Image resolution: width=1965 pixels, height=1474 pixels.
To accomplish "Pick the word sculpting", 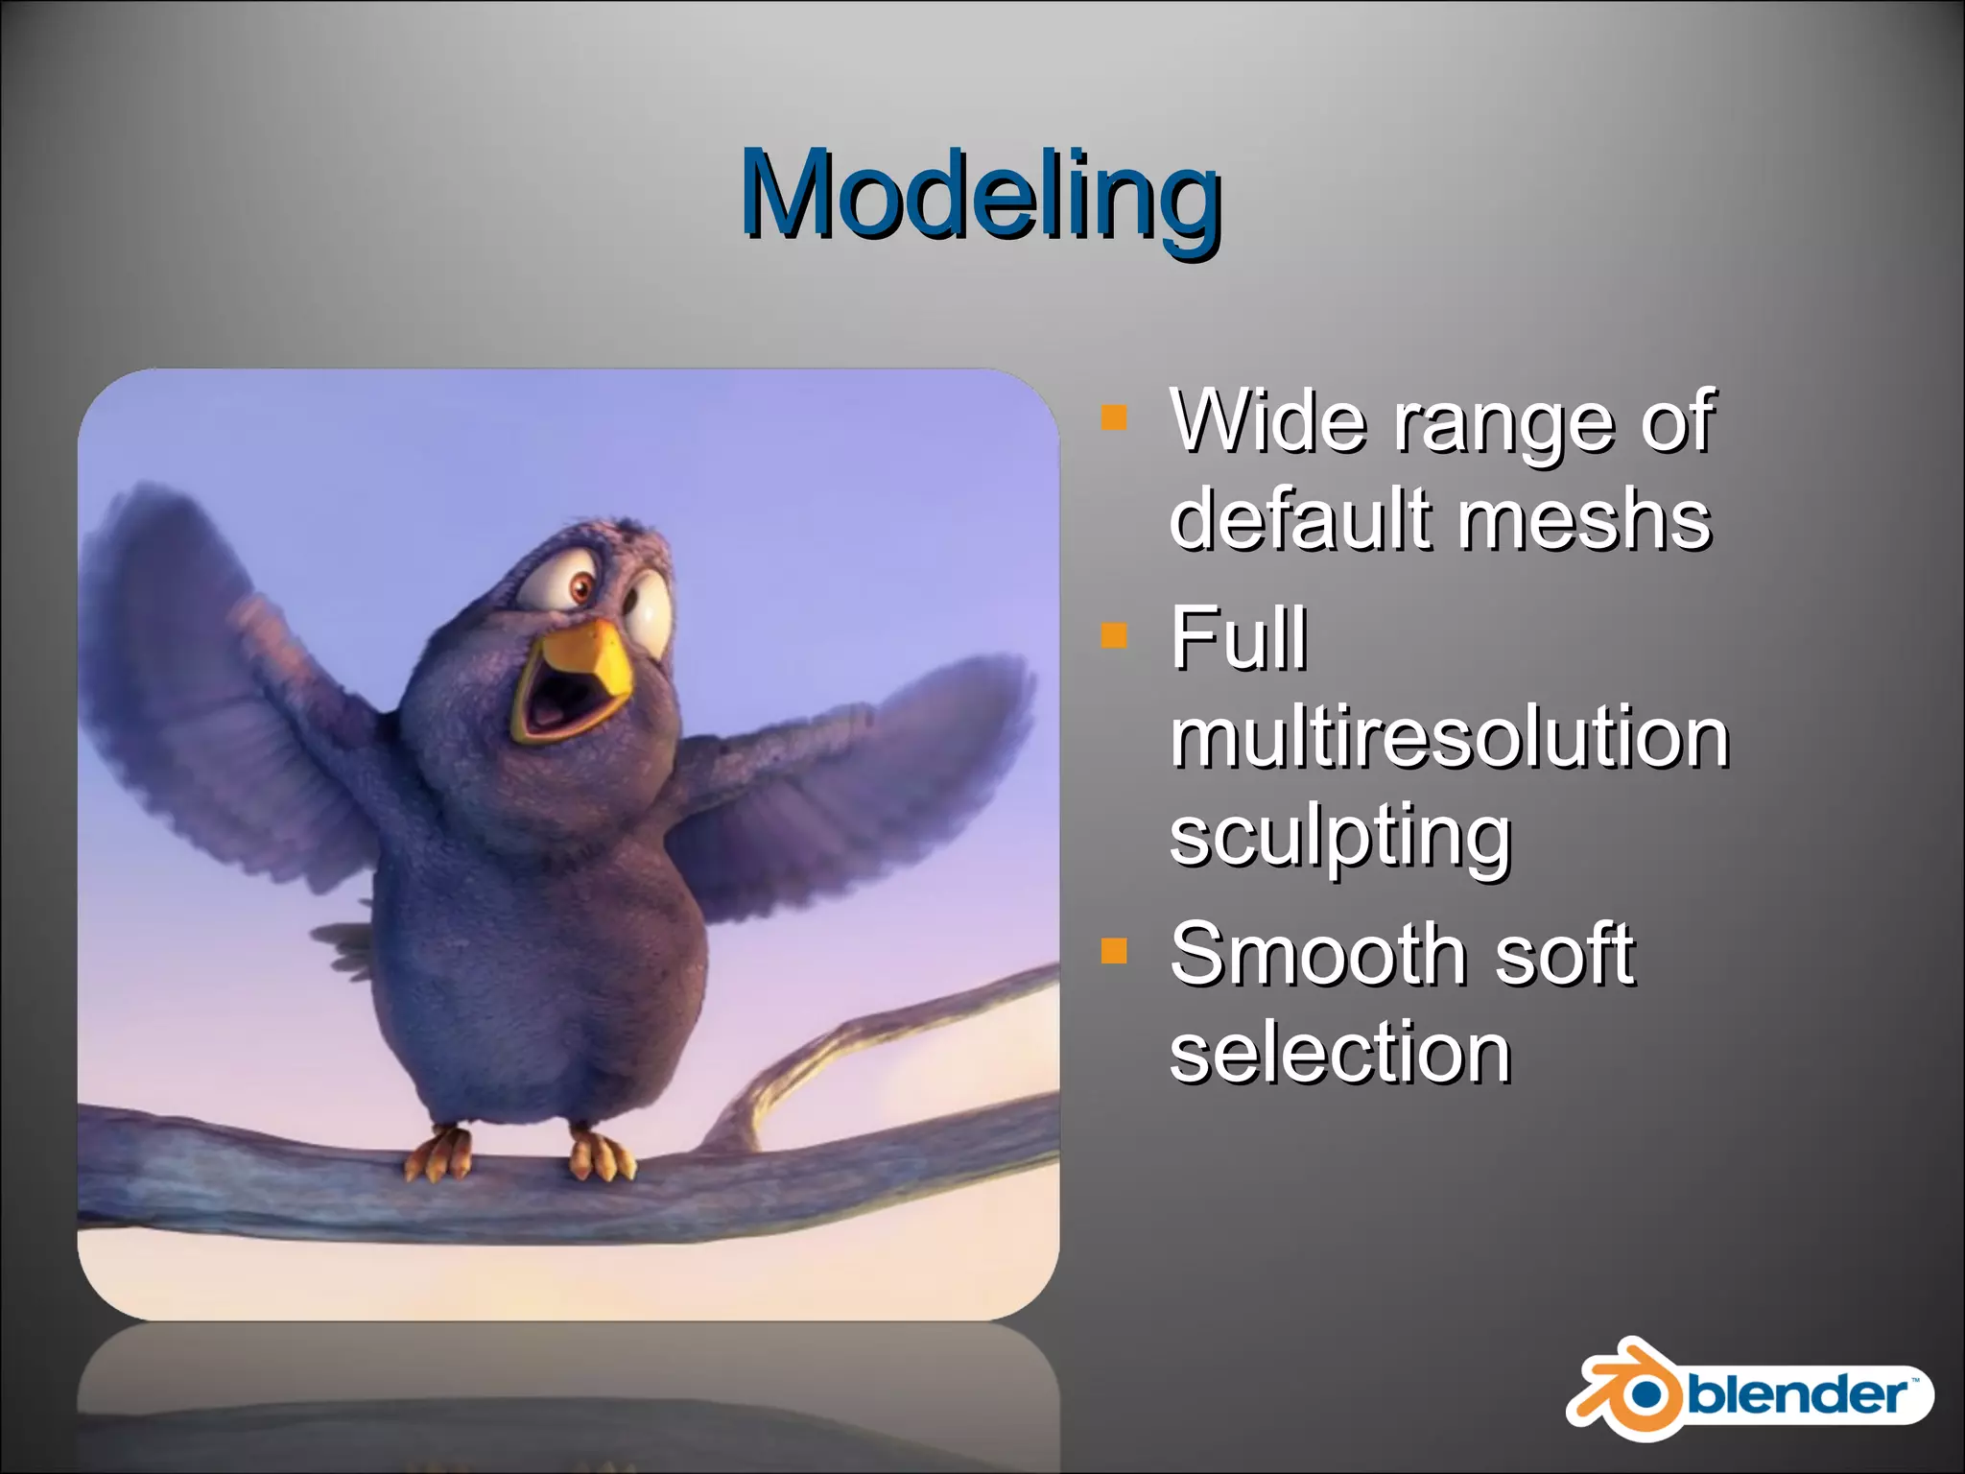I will tap(1339, 837).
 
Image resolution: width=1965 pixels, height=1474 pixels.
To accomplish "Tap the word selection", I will tap(1339, 1053).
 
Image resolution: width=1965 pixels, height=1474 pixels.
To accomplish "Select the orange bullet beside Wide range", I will tap(1113, 417).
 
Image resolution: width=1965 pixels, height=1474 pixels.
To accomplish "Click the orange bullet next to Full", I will tap(1113, 635).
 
